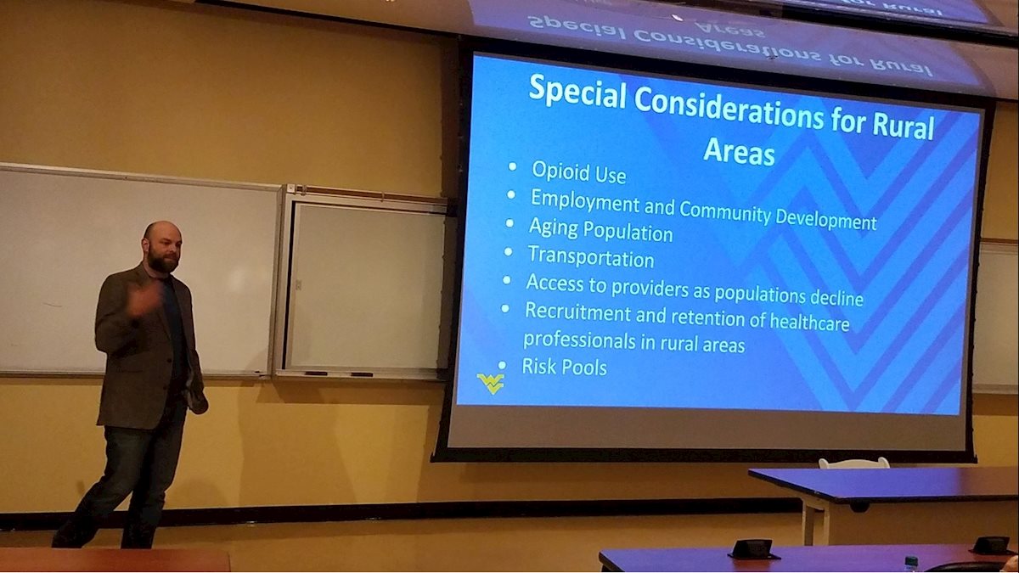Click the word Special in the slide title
577,93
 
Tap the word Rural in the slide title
903,126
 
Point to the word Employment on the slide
585,201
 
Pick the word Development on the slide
825,219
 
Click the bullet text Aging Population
600,230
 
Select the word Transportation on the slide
591,257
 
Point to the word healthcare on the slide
809,321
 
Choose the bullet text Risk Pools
564,367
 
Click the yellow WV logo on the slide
491,384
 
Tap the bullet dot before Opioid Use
512,167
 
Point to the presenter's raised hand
144,301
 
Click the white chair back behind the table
854,463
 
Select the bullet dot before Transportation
508,251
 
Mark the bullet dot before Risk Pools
502,365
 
